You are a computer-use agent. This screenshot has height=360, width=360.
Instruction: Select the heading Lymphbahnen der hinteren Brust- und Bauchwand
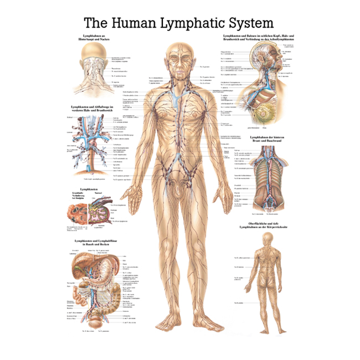271,139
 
